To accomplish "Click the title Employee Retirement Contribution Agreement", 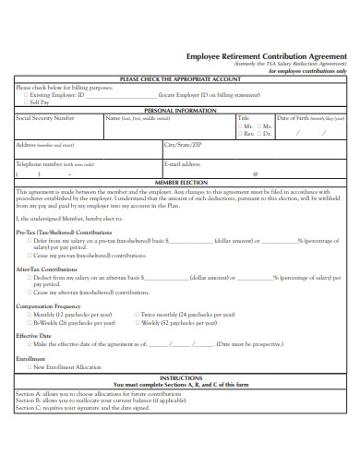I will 266,55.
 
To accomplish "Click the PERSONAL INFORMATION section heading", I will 180,111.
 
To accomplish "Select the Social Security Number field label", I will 45,118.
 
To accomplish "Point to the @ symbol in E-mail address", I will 255,173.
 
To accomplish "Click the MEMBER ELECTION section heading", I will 180,183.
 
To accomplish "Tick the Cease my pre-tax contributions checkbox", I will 28,255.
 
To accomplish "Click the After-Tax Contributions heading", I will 47,269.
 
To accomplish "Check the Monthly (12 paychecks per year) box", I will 28,315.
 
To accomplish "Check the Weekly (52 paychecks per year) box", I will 138,323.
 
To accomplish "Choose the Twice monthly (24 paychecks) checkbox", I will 138,315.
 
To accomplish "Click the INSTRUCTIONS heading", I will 180,377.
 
